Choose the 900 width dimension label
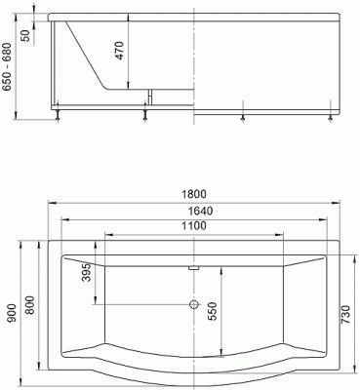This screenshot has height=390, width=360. [11, 312]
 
